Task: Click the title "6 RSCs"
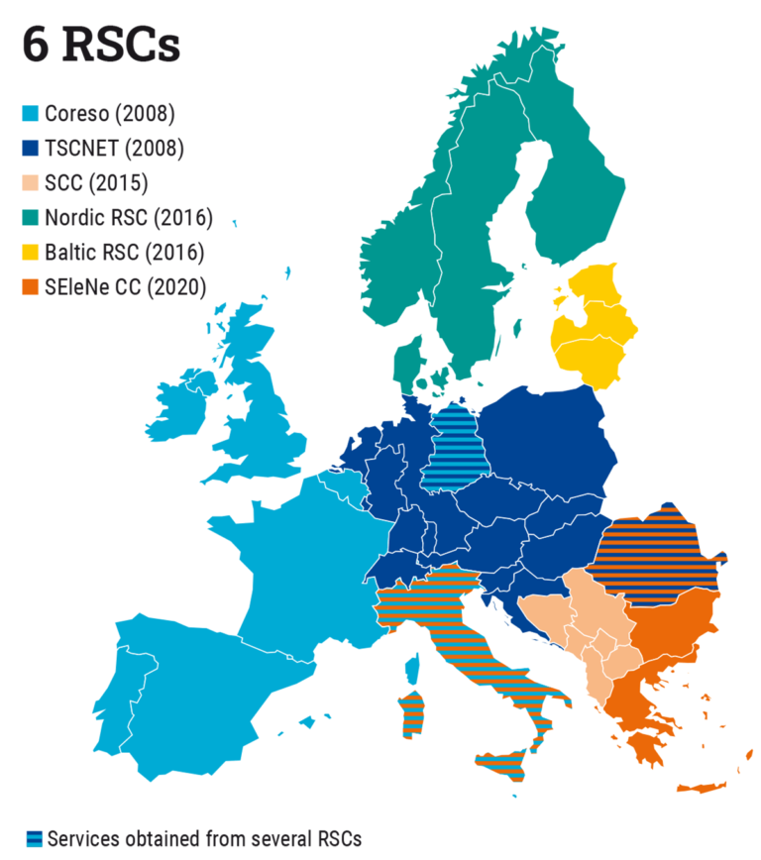(x=101, y=45)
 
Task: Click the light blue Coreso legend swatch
(x=31, y=113)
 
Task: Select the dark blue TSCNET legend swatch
(x=31, y=149)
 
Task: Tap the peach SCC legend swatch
(x=31, y=183)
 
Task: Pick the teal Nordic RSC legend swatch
(x=31, y=218)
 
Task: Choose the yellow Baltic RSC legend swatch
(x=31, y=253)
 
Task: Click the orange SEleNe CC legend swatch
(x=31, y=287)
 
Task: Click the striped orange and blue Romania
(x=654, y=560)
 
